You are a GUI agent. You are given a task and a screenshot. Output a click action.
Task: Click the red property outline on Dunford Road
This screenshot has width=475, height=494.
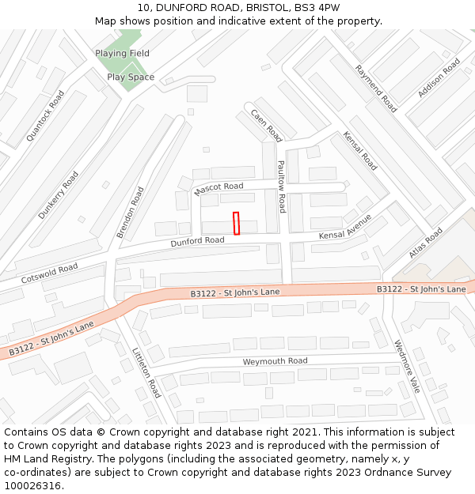coord(236,223)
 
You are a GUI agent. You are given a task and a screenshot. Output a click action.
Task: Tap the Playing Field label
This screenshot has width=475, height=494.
coord(122,53)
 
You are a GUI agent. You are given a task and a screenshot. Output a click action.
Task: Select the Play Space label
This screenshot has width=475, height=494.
coord(131,77)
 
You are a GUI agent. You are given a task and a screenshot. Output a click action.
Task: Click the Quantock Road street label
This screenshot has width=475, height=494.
coord(45,115)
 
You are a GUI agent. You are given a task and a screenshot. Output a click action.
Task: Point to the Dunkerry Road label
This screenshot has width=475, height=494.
coord(59,194)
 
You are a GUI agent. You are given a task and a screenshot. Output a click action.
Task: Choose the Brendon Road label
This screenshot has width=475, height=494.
coord(131,213)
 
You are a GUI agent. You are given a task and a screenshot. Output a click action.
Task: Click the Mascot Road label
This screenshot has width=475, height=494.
coord(218,188)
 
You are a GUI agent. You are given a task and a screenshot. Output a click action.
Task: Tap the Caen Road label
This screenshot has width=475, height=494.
coord(267,125)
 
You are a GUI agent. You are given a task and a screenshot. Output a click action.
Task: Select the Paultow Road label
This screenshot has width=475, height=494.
coord(281,187)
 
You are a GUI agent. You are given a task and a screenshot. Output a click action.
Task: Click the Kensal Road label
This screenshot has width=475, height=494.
coord(360,151)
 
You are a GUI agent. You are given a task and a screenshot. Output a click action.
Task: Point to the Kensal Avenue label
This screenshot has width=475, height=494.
coord(345,230)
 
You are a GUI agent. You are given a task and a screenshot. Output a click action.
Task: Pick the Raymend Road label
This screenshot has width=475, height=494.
coord(376,89)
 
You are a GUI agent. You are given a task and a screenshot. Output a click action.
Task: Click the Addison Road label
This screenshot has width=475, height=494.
coord(439,77)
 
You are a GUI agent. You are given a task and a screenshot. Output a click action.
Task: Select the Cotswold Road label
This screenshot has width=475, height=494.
coord(49,273)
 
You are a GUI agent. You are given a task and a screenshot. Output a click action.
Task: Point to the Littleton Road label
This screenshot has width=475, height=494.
coord(147,372)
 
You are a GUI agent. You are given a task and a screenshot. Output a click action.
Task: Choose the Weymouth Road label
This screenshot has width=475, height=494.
coord(275,361)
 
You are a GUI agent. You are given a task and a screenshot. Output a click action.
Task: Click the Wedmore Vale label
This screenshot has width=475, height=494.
coord(407,367)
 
